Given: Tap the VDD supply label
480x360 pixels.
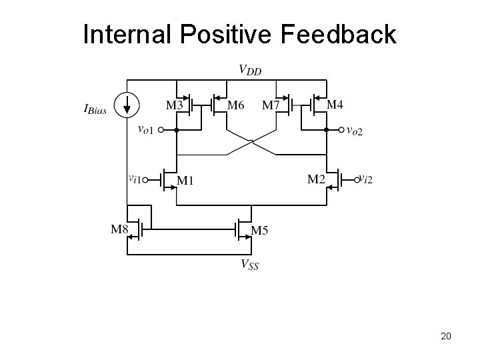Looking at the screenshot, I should pyautogui.click(x=250, y=69).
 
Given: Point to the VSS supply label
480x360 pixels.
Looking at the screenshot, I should pyautogui.click(x=250, y=265).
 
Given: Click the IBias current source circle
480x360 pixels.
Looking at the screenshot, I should pyautogui.click(x=126, y=104).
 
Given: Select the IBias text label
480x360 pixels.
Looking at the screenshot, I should pyautogui.click(x=96, y=109).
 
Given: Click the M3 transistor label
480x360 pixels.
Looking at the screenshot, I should pyautogui.click(x=175, y=105).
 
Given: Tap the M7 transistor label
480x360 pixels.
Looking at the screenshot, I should pyautogui.click(x=271, y=105).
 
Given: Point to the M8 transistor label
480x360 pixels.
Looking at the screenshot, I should pyautogui.click(x=119, y=230).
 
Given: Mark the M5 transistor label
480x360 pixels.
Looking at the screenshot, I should pyautogui.click(x=260, y=231).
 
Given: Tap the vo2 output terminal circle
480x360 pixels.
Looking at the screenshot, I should pyautogui.click(x=342, y=130).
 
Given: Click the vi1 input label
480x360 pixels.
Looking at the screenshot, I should pyautogui.click(x=135, y=178).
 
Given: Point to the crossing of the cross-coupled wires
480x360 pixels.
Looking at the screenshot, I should pyautogui.click(x=251, y=142).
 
